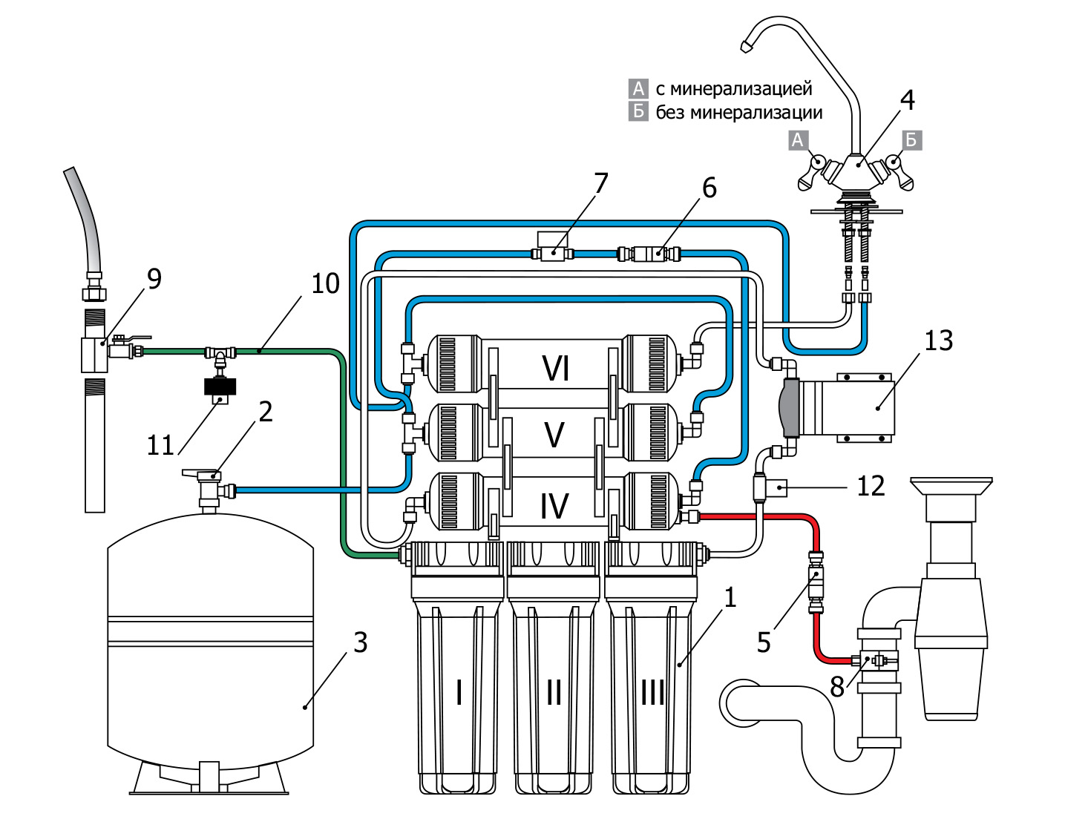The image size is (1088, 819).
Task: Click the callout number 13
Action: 938,341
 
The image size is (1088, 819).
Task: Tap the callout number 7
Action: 600,183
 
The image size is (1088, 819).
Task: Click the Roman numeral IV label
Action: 554,506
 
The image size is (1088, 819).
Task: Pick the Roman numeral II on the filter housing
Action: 554,692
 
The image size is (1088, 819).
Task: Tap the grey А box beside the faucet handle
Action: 798,140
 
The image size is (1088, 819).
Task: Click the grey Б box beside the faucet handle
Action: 911,140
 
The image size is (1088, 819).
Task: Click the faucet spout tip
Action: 747,46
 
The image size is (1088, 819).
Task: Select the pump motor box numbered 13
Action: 865,407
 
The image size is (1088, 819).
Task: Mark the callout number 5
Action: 764,642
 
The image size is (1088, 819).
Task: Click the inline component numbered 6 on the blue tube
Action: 649,254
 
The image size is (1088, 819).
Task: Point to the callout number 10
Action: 325,283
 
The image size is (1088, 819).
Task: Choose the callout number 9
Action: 154,279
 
